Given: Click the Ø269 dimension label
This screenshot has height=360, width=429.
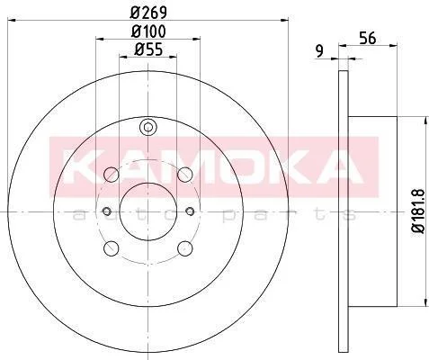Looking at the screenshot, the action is coord(148,13).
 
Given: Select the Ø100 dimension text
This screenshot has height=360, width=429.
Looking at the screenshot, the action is coord(148,31).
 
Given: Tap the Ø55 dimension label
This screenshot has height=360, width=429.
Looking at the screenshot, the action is coord(148,49).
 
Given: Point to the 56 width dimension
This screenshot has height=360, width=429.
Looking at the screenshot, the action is coord(368,39).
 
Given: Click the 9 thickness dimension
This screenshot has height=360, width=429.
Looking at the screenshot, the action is coord(320,51).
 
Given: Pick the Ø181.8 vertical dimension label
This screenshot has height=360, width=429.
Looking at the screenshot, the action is coord(418,211).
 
